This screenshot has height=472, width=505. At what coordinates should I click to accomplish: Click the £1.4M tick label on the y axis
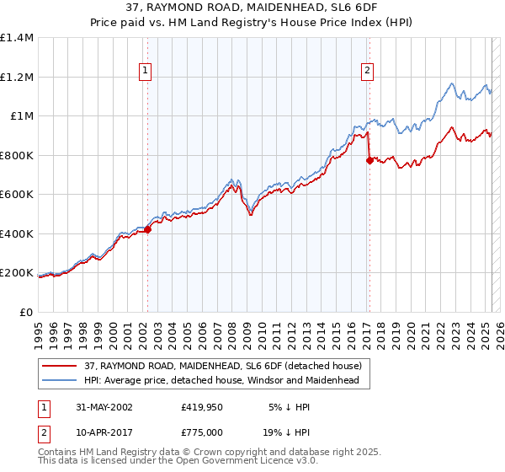pyautogui.click(x=17, y=38)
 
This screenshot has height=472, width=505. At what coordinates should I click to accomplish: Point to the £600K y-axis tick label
pyautogui.click(x=17, y=195)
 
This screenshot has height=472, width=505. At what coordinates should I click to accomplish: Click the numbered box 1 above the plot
pyautogui.click(x=146, y=72)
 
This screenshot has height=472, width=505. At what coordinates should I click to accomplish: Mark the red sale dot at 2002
pyautogui.click(x=147, y=229)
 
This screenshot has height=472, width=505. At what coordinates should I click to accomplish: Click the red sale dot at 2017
pyautogui.click(x=369, y=160)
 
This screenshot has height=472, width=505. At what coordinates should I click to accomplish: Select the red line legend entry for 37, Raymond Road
pyautogui.click(x=223, y=366)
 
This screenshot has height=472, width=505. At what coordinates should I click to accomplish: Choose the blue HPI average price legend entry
pyautogui.click(x=221, y=380)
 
